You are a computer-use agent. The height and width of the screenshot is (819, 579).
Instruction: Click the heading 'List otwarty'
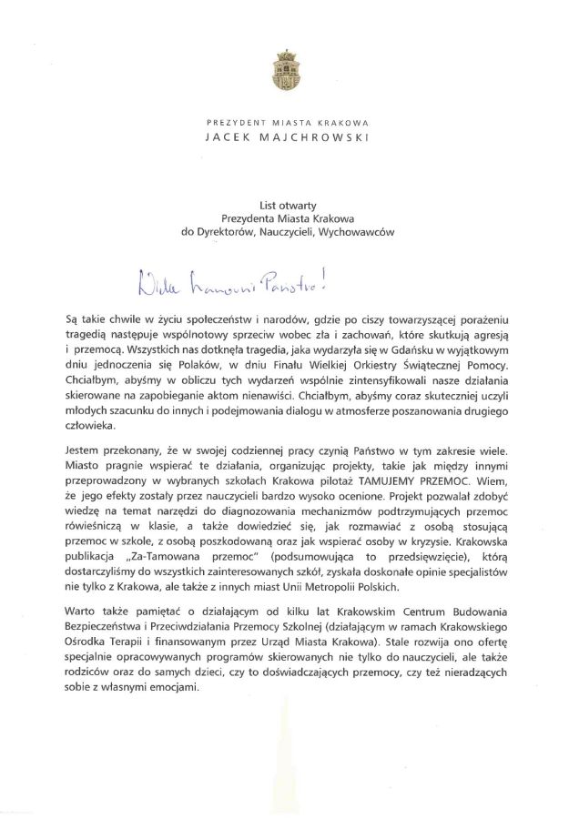point(287,205)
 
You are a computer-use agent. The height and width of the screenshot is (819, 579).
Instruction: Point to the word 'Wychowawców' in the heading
point(361,232)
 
